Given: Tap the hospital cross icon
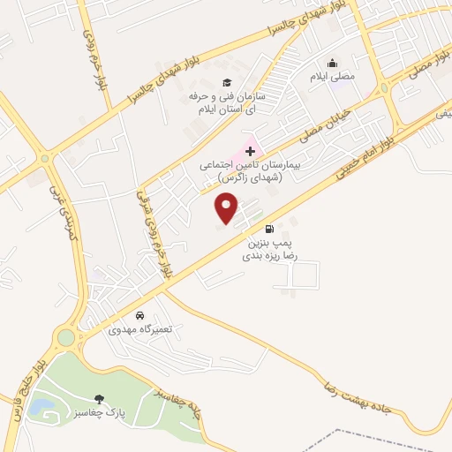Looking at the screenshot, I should [x=251, y=152].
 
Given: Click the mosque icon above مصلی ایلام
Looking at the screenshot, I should [x=332, y=63].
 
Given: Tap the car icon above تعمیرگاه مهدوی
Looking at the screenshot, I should [x=139, y=315].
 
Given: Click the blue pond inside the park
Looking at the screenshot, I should [x=41, y=407].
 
